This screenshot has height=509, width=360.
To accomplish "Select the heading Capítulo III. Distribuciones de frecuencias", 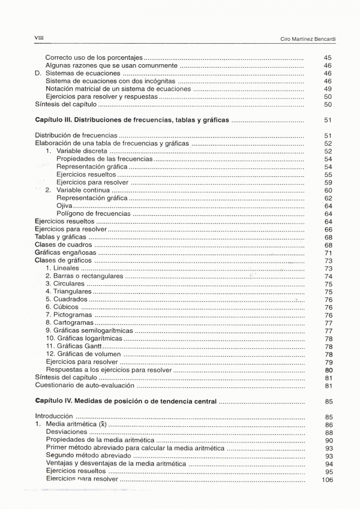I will (132, 120).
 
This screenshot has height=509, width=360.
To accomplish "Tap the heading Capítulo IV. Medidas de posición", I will (126, 400).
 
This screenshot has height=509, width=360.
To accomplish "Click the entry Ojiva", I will (65, 206).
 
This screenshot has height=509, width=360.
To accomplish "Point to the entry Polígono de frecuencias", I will (93, 213).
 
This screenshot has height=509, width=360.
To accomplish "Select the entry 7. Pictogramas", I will (69, 315).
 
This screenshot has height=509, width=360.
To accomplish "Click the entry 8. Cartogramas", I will (69, 323).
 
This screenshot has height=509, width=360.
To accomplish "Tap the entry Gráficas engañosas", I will (65, 252).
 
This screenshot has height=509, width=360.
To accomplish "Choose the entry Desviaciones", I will (66, 432).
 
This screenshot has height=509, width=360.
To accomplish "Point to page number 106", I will (327, 479).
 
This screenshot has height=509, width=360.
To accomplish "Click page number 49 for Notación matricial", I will (328, 89).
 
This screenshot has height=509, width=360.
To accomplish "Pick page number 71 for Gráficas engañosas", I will (328, 252).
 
